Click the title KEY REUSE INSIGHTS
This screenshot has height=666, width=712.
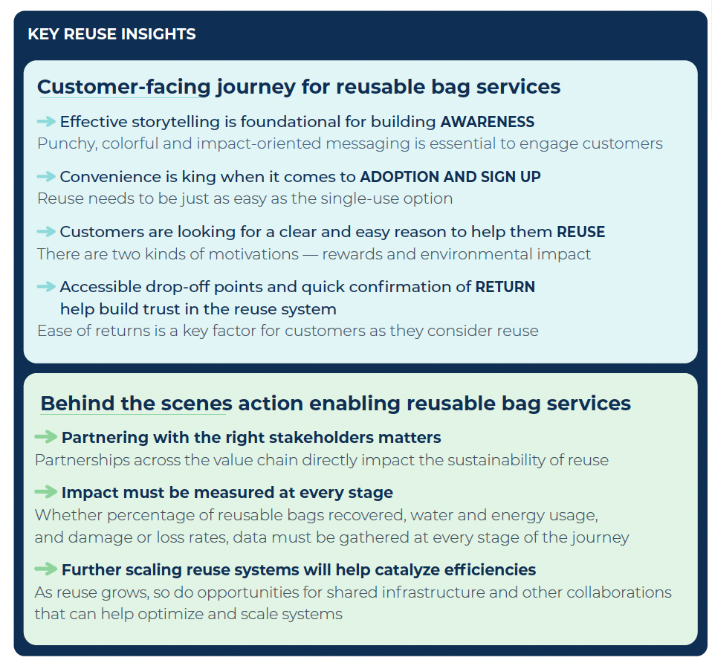(x=111, y=34)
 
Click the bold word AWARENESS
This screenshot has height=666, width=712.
(x=487, y=122)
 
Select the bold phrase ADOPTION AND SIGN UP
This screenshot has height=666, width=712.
(x=450, y=177)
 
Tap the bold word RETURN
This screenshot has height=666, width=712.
(x=505, y=287)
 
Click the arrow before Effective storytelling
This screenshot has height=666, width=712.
(x=46, y=121)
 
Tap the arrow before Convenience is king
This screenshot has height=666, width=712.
(x=46, y=176)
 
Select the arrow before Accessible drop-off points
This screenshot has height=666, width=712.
(x=46, y=286)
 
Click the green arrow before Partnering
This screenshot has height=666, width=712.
(x=46, y=436)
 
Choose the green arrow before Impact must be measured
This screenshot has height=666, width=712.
(x=46, y=491)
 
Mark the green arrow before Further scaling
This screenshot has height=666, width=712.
(x=46, y=569)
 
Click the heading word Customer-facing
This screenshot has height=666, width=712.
(x=124, y=87)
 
